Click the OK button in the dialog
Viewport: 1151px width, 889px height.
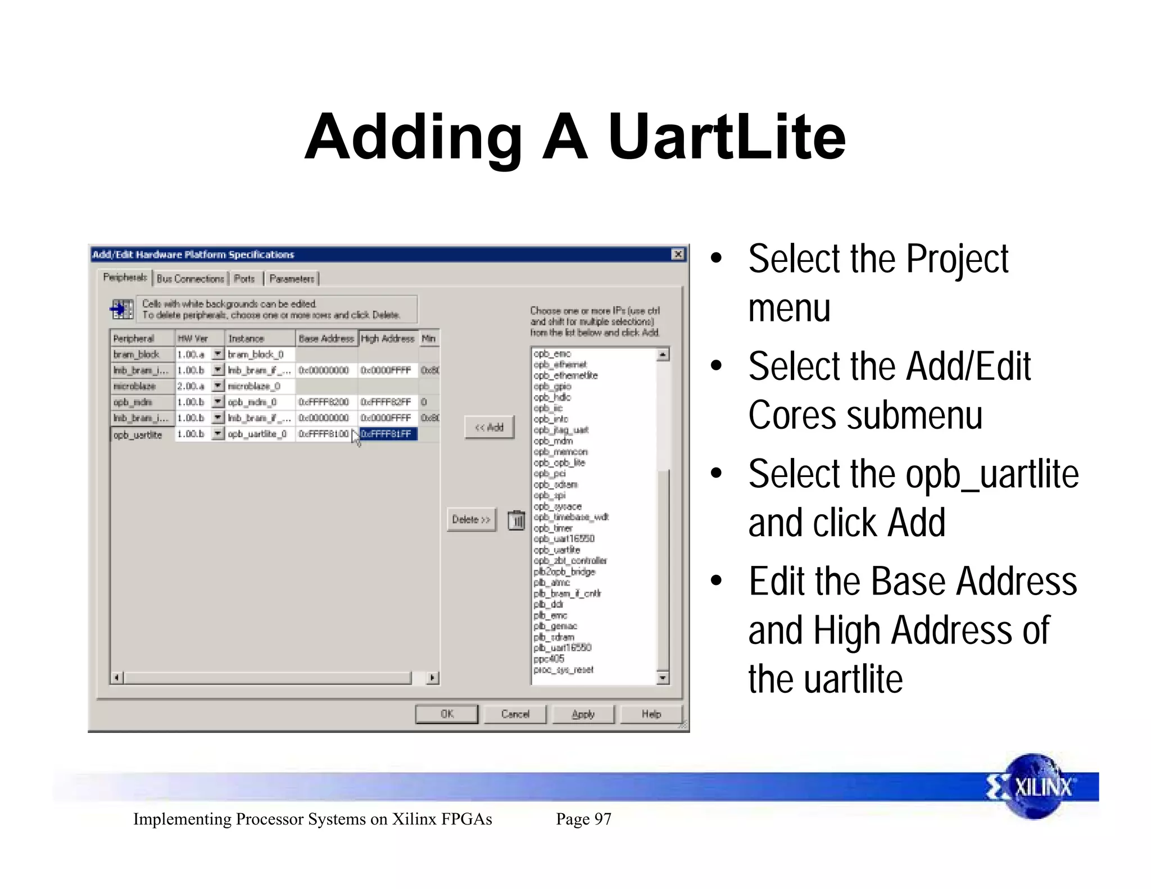pos(447,714)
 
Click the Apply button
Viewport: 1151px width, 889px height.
pos(583,714)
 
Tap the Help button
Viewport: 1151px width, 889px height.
pos(651,714)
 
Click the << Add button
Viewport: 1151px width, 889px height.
pos(489,428)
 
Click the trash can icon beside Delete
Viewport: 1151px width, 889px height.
pos(516,520)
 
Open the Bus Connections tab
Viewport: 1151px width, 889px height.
pos(190,279)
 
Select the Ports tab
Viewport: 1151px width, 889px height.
pos(244,279)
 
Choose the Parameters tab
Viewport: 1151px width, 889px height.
pos(292,279)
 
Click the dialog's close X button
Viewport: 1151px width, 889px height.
pos(678,255)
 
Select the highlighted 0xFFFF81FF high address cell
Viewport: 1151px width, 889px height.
pos(388,434)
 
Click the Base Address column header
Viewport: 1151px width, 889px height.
pos(326,338)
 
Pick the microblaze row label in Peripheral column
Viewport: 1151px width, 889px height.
pos(135,386)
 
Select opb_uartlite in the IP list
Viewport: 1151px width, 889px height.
pos(556,550)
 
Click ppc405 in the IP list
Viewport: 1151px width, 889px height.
pos(549,659)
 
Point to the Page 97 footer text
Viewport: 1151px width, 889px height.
pos(583,819)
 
